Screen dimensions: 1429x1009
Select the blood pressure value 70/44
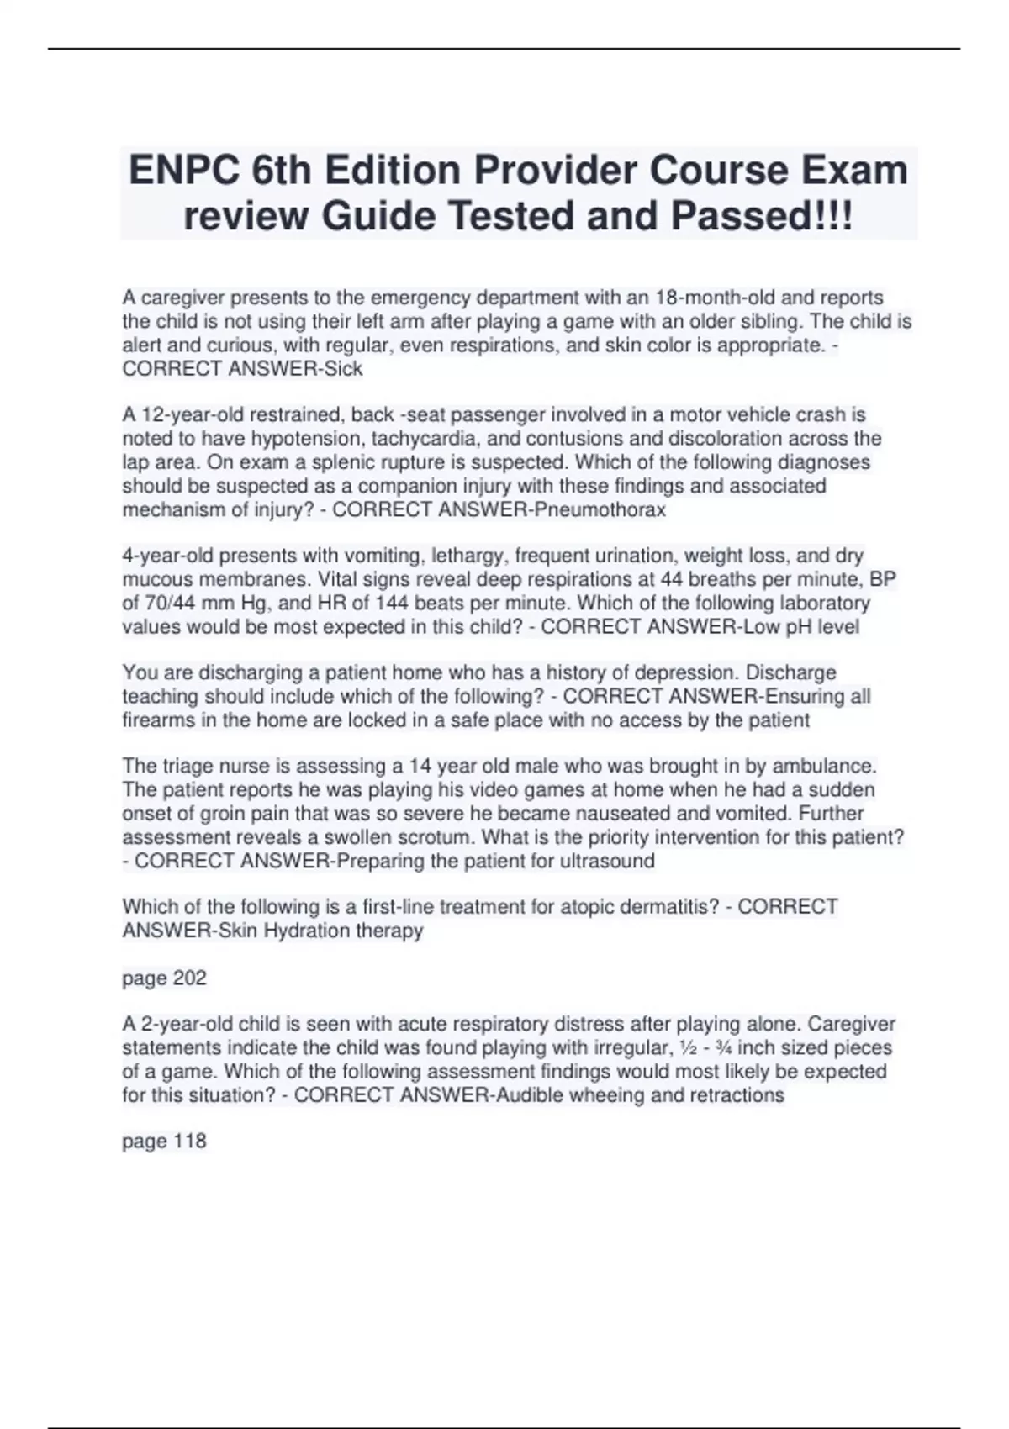coord(162,603)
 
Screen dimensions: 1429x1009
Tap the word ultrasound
coord(607,861)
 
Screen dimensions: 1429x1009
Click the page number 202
coord(189,978)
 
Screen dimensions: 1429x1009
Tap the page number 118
coord(189,1141)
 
